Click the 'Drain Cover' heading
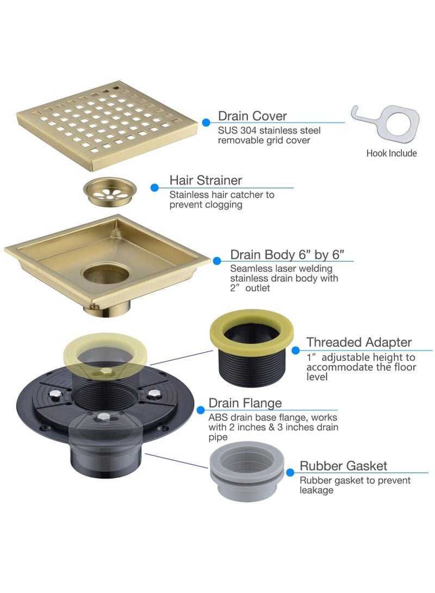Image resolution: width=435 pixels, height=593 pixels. pos(252,116)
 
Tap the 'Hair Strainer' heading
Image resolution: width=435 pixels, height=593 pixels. pos(206,180)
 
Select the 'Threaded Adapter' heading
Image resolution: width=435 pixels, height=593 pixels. pos(359,342)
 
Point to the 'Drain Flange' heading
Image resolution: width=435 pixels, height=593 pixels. pos(245,403)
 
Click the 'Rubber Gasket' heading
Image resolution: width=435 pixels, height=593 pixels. pos(344,466)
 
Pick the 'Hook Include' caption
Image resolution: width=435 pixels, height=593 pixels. pos(391,153)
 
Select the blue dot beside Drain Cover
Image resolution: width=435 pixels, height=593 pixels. pos(206,123)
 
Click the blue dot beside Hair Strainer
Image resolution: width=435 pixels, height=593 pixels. pos(154,188)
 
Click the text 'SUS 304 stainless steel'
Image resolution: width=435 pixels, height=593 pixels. pos(269,130)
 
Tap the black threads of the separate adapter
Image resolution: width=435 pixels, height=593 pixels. pos(251,364)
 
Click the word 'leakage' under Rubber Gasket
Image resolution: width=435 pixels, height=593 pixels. pos(316,490)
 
